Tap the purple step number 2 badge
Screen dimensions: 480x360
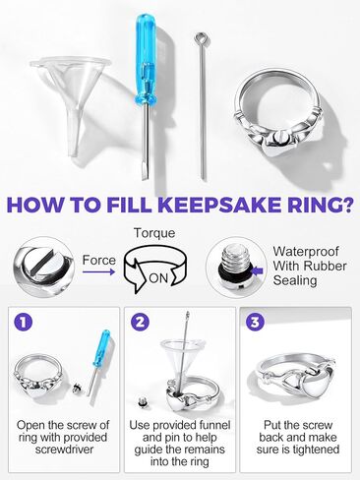pos(142,321)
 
